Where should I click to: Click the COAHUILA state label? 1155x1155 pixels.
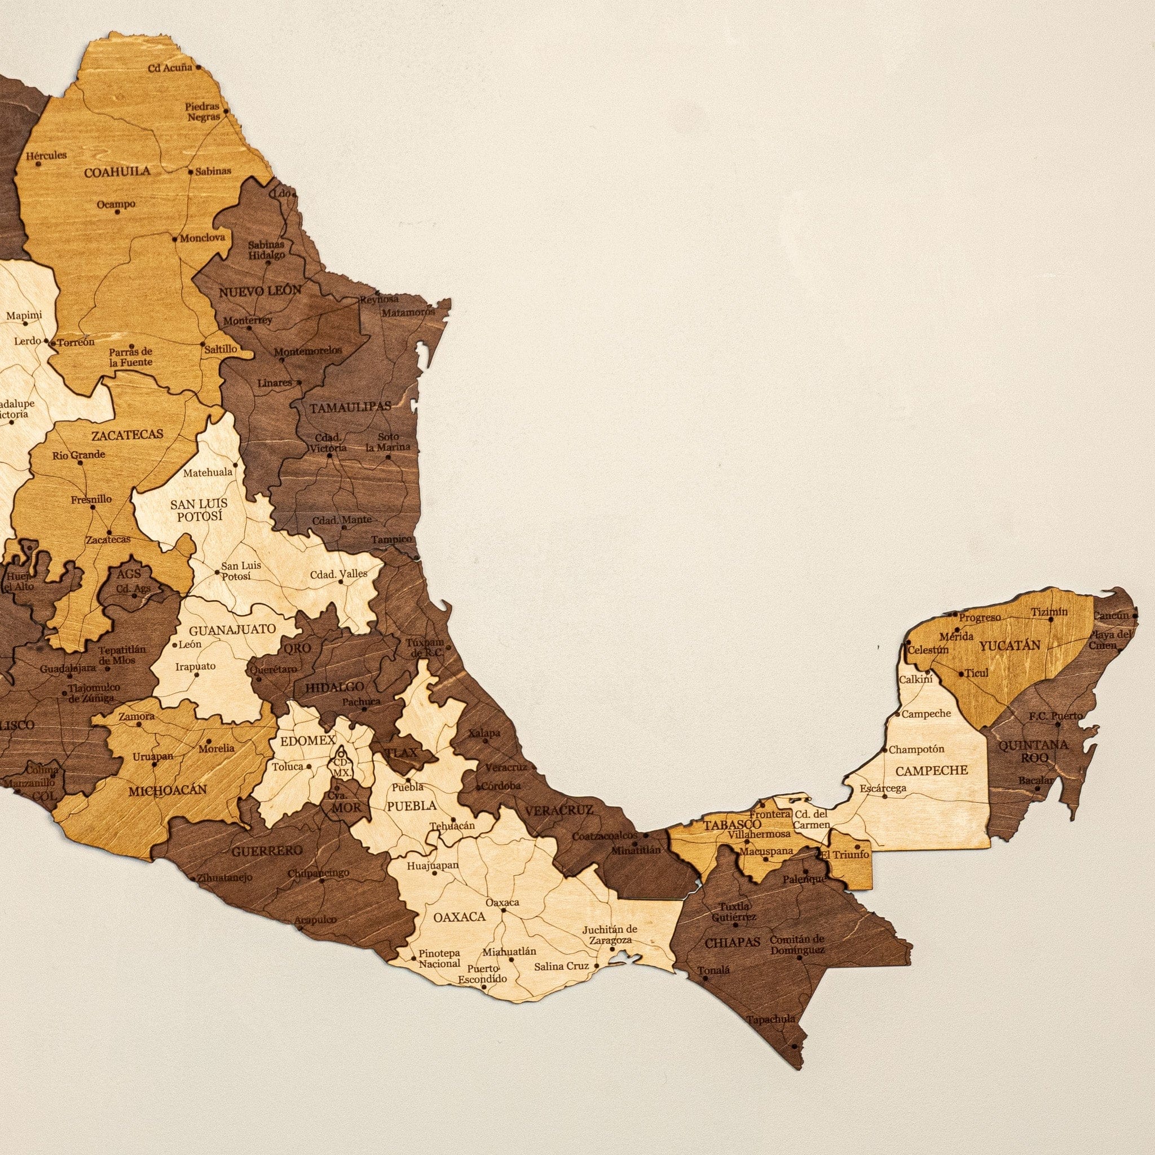point(117,172)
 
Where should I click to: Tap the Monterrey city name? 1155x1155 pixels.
point(248,320)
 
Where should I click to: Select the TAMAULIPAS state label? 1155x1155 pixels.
point(350,408)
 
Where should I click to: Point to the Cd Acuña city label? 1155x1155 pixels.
point(170,68)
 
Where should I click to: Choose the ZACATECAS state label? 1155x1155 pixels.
point(127,435)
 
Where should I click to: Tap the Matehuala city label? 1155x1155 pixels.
point(208,472)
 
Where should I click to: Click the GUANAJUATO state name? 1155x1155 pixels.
point(224,629)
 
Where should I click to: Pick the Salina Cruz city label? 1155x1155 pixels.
point(561,966)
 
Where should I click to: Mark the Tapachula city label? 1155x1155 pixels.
point(771,1019)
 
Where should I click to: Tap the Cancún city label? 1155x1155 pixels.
point(1111,615)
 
